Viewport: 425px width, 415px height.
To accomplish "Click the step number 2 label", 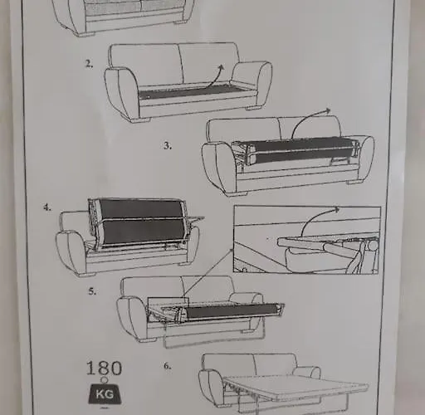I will point(89,63).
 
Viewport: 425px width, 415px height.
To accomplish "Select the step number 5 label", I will point(93,291).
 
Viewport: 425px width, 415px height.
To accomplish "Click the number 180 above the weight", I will point(104,368).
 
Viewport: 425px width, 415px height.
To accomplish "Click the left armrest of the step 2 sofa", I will point(121,91).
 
